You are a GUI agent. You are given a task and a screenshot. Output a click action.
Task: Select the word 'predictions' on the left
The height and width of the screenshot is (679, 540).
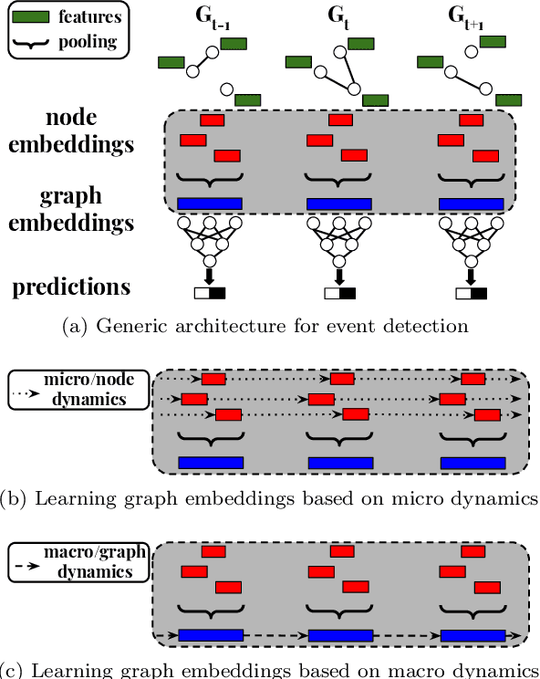click(x=70, y=287)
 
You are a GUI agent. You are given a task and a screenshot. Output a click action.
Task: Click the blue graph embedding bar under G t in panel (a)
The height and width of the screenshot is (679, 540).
click(x=338, y=204)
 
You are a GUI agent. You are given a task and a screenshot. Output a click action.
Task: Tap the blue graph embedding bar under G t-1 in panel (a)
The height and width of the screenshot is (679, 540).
click(x=210, y=204)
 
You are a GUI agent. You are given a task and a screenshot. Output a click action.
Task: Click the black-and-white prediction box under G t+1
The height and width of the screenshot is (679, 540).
click(x=471, y=294)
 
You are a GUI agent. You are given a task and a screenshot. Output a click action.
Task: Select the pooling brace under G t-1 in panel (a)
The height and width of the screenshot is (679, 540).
click(x=210, y=176)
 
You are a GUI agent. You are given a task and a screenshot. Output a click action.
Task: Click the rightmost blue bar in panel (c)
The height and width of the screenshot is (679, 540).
click(x=472, y=635)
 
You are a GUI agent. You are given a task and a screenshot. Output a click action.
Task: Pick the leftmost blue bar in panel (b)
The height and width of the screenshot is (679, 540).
click(x=210, y=463)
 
